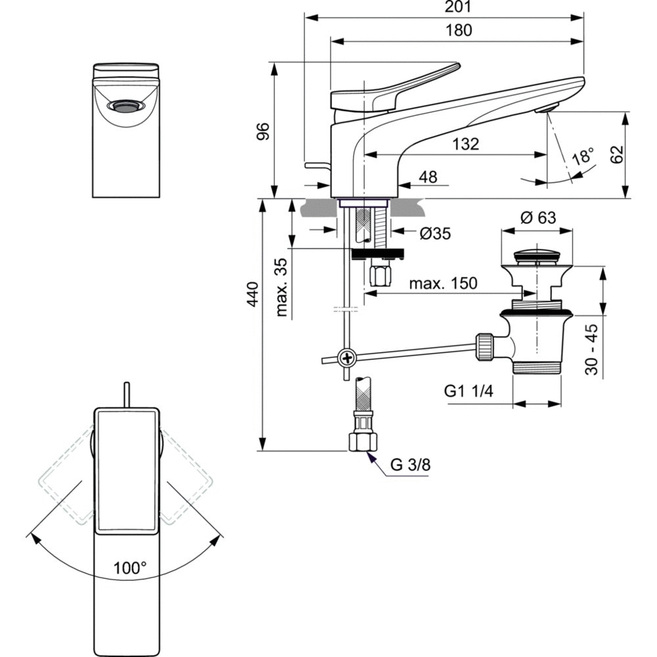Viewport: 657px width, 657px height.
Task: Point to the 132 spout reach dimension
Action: pyautogui.click(x=465, y=144)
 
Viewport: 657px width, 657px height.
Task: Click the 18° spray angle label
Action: pyautogui.click(x=582, y=157)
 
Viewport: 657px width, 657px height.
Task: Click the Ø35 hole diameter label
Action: pyautogui.click(x=434, y=233)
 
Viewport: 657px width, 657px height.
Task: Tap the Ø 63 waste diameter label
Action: pyautogui.click(x=537, y=219)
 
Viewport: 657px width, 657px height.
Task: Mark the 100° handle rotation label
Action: pyautogui.click(x=129, y=568)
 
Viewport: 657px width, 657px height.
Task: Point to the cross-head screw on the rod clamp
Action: pyautogui.click(x=346, y=357)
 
